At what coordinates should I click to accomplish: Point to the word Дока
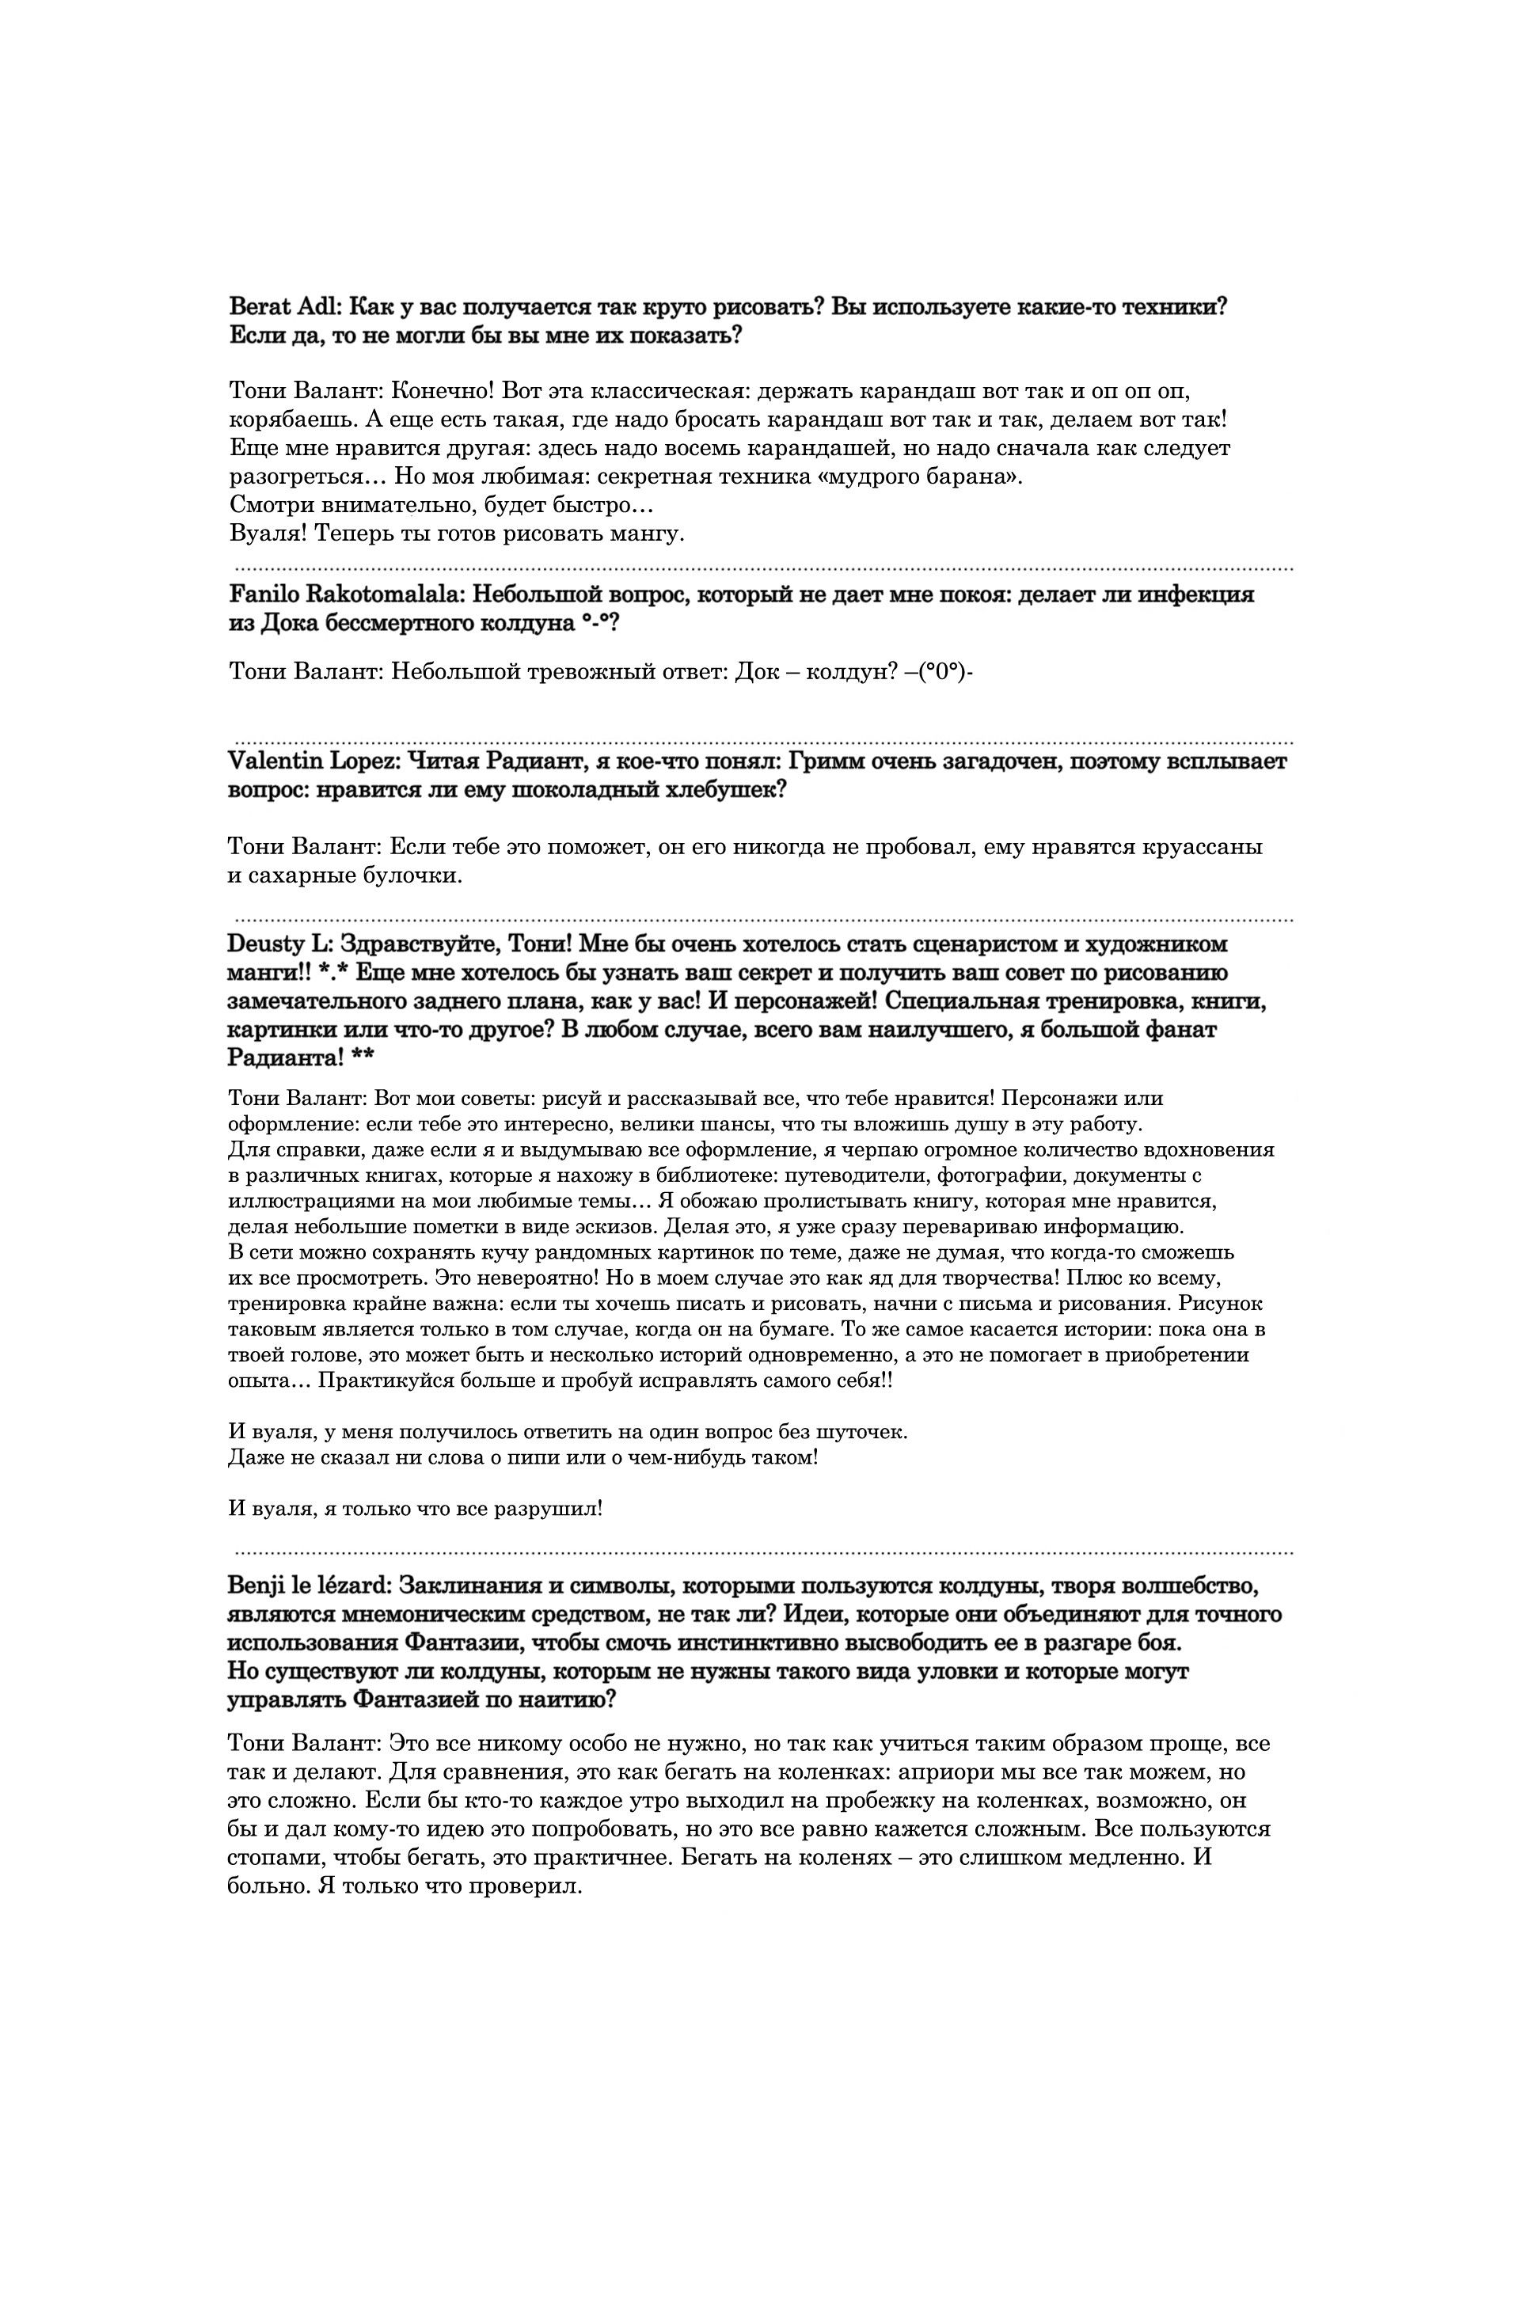[x=288, y=623]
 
